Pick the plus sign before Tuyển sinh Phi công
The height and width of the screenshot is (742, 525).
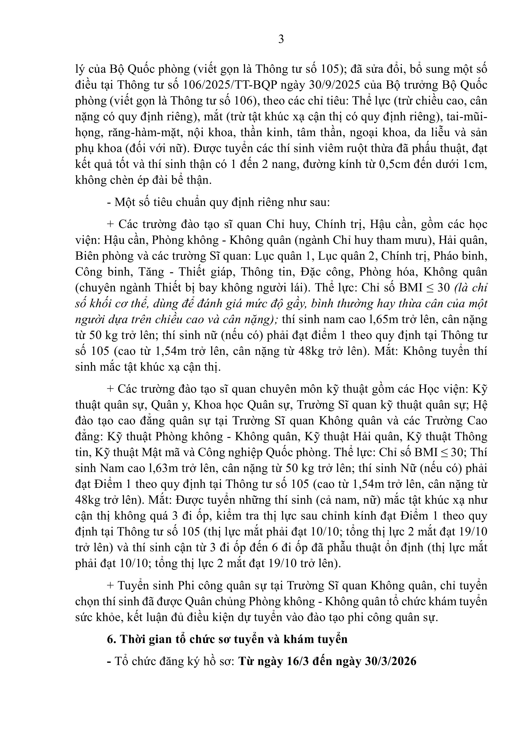pyautogui.click(x=110, y=586)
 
